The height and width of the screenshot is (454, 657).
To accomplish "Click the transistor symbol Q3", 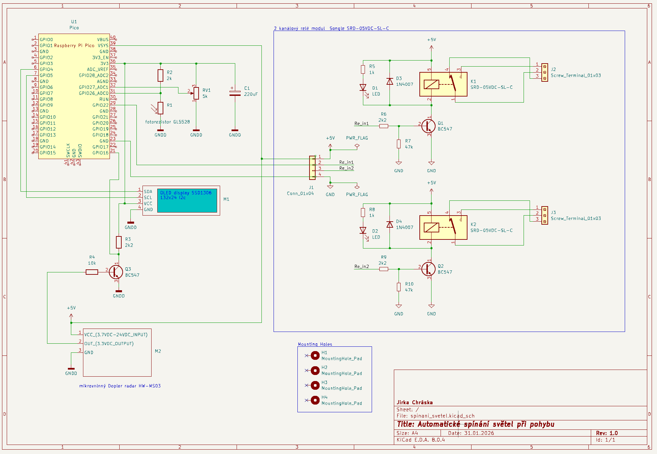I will (116, 272).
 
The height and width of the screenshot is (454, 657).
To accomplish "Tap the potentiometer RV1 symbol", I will (196, 93).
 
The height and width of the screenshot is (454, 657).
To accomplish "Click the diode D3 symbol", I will (390, 81).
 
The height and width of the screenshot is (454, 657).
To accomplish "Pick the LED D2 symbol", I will (363, 231).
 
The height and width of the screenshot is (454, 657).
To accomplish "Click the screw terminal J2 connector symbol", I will (545, 72).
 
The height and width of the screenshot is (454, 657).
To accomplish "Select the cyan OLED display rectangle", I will (187, 200).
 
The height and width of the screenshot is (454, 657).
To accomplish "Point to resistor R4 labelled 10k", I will (92, 272).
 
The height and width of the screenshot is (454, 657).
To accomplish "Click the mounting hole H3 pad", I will (315, 385).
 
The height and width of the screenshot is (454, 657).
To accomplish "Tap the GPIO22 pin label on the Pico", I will (100, 105).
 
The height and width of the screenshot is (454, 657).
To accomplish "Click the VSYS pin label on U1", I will (103, 45).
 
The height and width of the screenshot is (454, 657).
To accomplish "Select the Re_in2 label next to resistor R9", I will (362, 266).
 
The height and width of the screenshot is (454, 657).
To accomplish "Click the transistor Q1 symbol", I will (428, 126).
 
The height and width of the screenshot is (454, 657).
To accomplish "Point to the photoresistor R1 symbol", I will (160, 108).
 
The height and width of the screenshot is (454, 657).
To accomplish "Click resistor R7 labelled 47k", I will (399, 144).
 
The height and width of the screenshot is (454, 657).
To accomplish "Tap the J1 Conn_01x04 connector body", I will (312, 167).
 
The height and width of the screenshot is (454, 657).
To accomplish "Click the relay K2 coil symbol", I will (431, 228).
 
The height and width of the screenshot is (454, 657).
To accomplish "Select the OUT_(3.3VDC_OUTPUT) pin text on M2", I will (109, 343).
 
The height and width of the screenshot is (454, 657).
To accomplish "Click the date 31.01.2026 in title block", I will (479, 433).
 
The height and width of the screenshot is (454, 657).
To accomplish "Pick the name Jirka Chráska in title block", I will (414, 402).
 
